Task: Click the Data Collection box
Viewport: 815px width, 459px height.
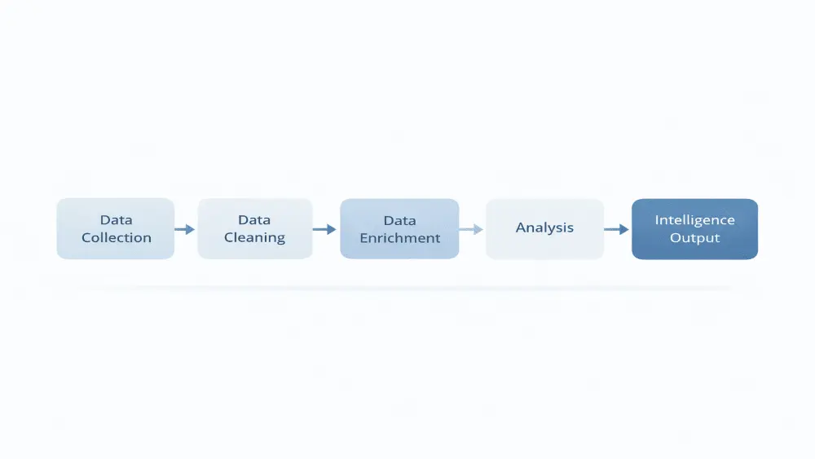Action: click(115, 229)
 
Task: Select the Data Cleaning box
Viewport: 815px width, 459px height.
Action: click(254, 229)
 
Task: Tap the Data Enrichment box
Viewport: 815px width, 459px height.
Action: click(399, 229)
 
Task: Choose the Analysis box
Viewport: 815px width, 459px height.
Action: click(544, 229)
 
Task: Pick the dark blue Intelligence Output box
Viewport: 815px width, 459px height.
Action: click(694, 229)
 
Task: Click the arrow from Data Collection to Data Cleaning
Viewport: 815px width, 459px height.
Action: click(185, 230)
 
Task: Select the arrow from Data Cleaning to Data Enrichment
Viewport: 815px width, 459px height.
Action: click(325, 230)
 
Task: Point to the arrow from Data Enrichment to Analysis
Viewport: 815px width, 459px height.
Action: click(472, 230)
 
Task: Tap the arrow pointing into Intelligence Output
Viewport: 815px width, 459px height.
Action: click(617, 230)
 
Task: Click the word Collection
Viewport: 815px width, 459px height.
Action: click(117, 238)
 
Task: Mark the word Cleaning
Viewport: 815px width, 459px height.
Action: click(254, 238)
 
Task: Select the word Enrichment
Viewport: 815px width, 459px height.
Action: click(400, 239)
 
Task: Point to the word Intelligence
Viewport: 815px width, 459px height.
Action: click(695, 220)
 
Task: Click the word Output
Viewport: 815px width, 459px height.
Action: click(695, 238)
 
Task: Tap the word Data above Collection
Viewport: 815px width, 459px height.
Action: click(117, 220)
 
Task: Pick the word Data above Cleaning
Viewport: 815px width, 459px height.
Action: click(254, 220)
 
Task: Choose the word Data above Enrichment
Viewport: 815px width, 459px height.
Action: click(399, 221)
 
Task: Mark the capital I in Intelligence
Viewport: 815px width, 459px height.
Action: click(658, 220)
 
